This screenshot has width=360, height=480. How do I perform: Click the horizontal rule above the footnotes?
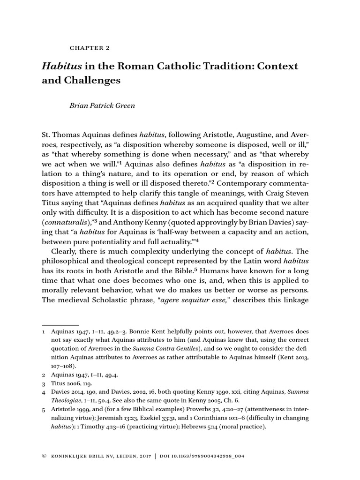[60, 325]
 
